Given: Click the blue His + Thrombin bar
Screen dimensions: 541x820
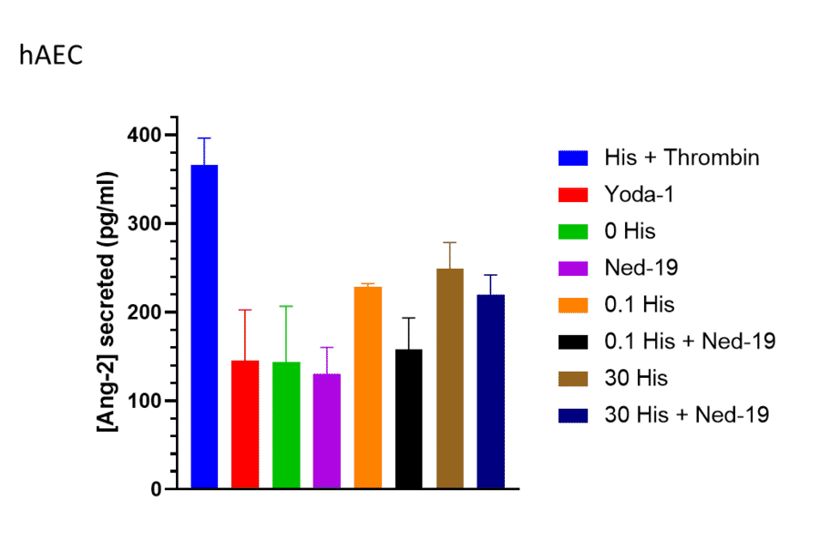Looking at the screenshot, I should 204,327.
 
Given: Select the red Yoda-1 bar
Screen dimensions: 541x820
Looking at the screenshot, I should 245,424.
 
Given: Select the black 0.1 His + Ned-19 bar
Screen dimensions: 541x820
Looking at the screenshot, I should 409,419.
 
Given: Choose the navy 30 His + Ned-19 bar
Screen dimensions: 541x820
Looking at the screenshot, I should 490,392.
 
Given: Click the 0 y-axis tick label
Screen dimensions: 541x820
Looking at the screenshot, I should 156,489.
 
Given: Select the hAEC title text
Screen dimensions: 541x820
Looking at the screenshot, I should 51,56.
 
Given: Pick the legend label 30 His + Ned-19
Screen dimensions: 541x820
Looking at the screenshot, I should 687,414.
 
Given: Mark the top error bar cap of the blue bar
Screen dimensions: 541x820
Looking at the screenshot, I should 204,138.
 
